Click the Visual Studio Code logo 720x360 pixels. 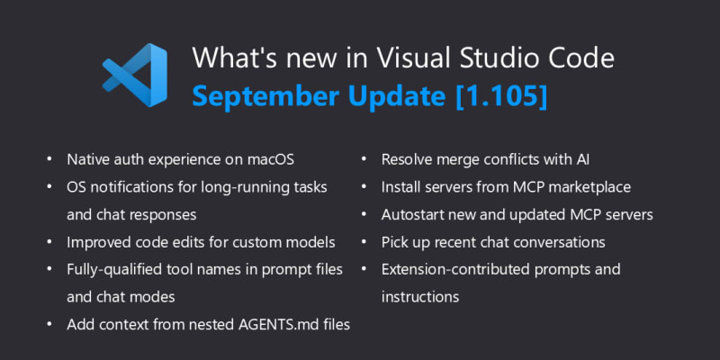coord(134,75)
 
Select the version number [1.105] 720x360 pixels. coord(501,95)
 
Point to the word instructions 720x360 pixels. coord(420,297)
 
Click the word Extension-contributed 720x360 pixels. coord(455,269)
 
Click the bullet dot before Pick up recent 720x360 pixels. coord(364,241)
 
